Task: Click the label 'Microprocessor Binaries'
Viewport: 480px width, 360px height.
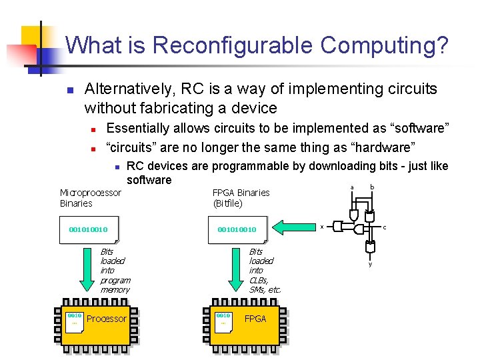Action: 91,198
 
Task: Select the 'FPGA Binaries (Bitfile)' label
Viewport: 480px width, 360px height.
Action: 241,198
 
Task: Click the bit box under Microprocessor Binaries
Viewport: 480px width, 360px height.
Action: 89,230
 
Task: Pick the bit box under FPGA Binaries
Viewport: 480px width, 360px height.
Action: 237,230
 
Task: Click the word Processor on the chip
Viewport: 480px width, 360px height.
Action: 107,319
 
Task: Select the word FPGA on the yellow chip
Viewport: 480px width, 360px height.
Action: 255,319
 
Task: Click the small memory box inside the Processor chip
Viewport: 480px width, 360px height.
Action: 74,319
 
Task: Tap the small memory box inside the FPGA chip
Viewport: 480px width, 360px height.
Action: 223,319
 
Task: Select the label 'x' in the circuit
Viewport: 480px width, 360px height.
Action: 322,227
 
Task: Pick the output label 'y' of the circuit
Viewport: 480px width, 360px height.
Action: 371,264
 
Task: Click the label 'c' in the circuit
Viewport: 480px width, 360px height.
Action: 384,227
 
